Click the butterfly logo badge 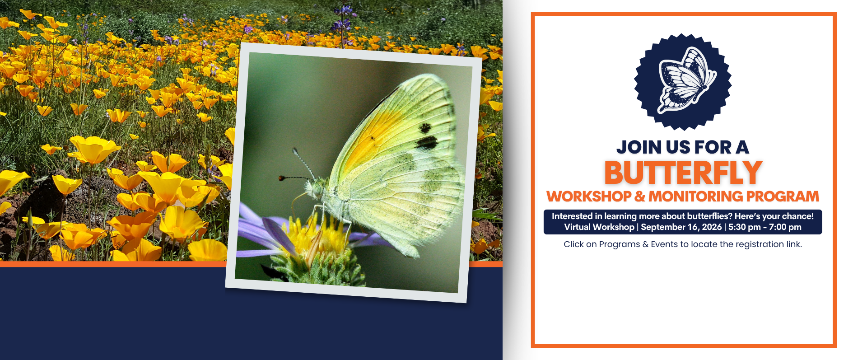coord(683,82)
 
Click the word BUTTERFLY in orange coord(683,173)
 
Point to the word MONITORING coord(695,196)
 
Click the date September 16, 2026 coord(681,227)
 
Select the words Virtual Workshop coord(599,227)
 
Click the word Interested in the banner coord(572,216)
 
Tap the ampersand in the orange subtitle coord(640,196)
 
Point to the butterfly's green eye coord(317,188)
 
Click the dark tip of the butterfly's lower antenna coord(281,178)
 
